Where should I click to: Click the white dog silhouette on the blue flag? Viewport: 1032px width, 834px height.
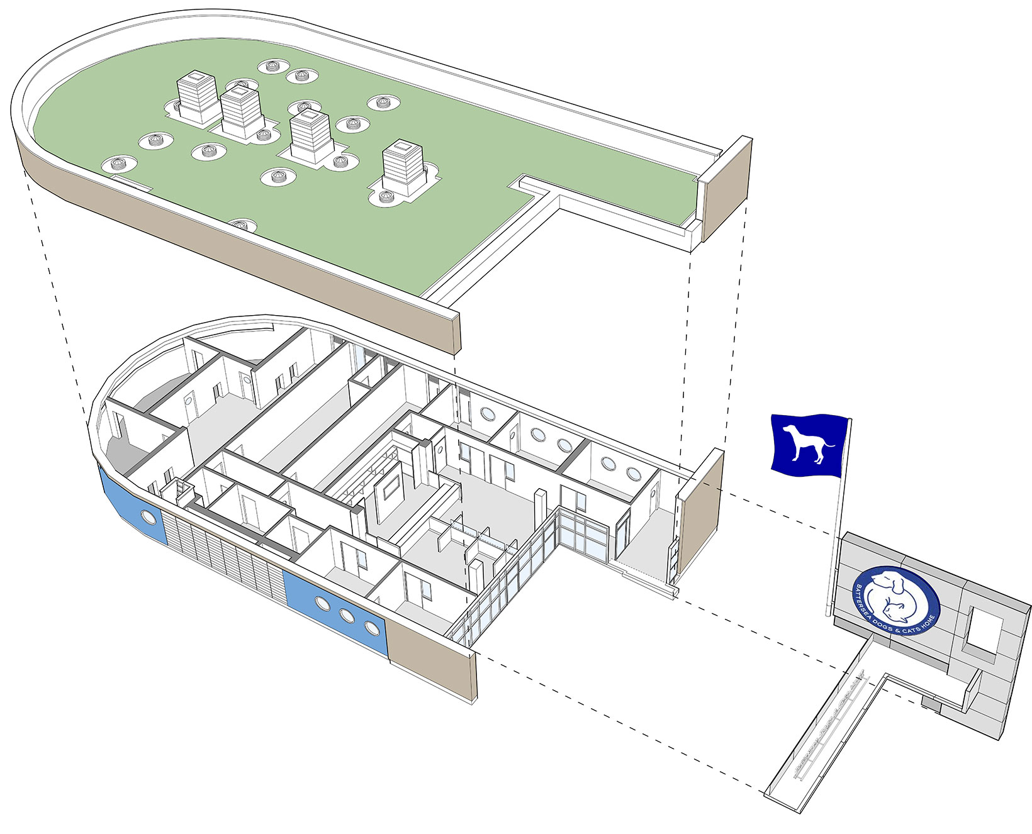804,444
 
